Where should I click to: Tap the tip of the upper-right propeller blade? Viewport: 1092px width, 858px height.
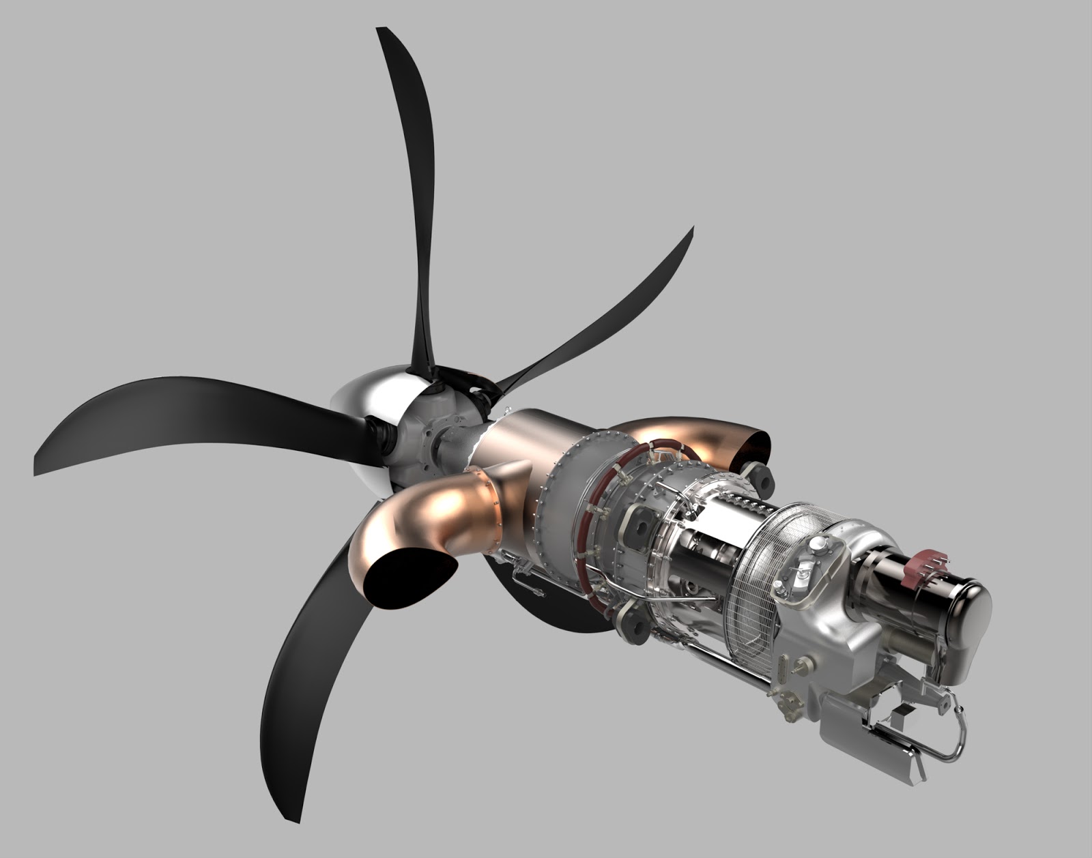691,231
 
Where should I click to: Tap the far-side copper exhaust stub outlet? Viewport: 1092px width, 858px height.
756,450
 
